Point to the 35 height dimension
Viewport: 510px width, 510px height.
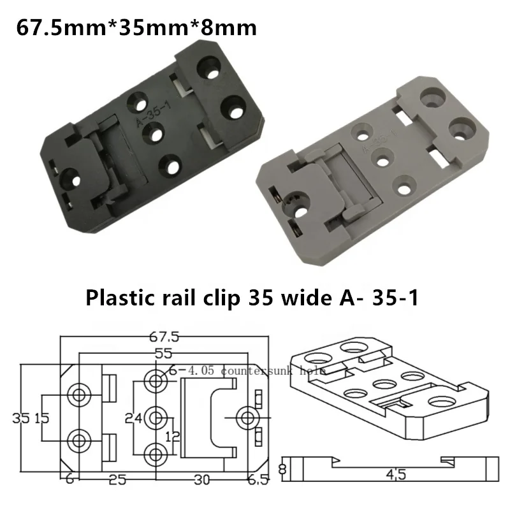point(21,418)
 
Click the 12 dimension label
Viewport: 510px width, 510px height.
point(170,437)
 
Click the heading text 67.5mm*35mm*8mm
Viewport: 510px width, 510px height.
point(136,28)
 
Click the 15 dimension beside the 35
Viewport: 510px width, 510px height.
point(41,418)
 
